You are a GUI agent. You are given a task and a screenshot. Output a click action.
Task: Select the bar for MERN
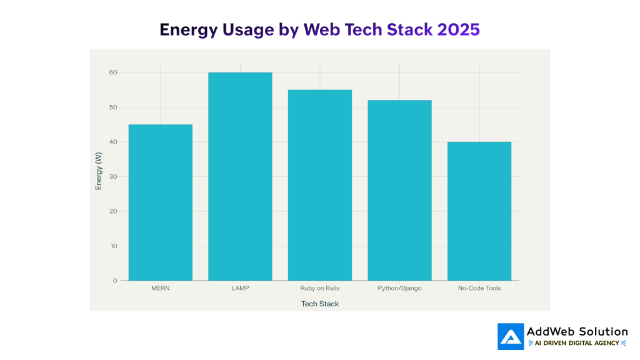coord(161,202)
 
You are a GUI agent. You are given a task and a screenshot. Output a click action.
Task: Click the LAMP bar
coord(240,176)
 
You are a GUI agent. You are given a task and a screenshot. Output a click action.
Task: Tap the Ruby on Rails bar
coord(320,185)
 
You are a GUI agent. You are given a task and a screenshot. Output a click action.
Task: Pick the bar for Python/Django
coord(399,190)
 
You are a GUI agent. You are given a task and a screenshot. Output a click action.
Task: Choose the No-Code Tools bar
coord(479,211)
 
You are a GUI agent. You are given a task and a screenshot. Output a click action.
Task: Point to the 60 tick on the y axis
coord(113,72)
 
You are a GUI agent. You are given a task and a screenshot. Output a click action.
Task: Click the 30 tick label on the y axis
coord(113,177)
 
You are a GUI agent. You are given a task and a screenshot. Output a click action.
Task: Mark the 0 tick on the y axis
coord(115,281)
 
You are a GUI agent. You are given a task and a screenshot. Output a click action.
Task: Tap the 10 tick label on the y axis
coord(113,246)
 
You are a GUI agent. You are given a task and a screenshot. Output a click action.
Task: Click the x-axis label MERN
coord(161,289)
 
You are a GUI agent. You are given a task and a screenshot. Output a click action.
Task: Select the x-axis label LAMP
coord(240,289)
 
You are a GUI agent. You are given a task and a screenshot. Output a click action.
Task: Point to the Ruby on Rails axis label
coord(320,289)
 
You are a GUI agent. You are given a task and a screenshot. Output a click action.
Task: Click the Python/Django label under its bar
coord(399,289)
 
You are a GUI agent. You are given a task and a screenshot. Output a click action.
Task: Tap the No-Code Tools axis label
coord(479,289)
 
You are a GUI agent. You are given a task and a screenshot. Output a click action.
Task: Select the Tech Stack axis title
coord(320,304)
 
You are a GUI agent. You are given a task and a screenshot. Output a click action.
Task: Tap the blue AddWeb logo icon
coord(510,336)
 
